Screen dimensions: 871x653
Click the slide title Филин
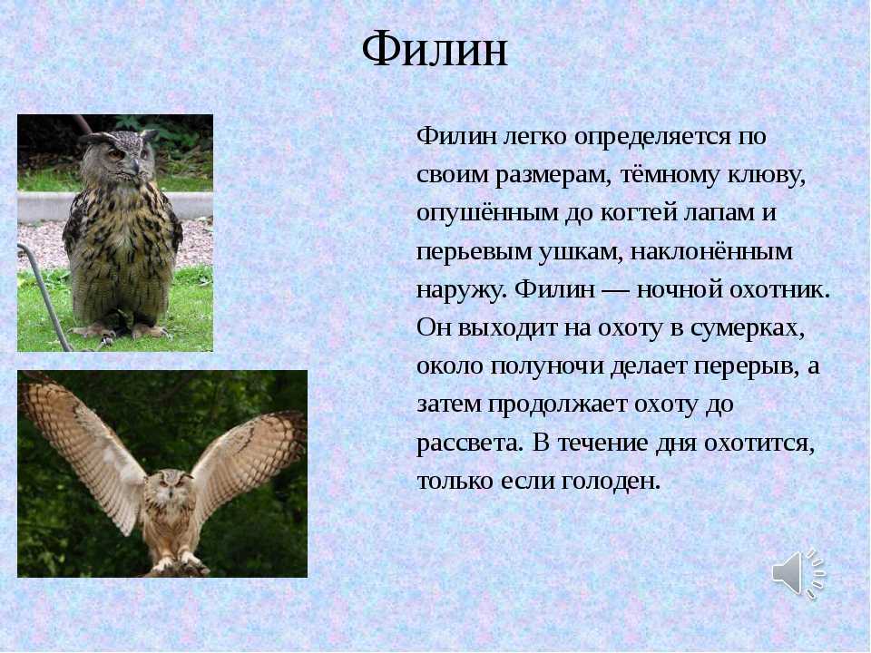pyautogui.click(x=435, y=50)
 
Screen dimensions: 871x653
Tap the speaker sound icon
pyautogui.click(x=798, y=574)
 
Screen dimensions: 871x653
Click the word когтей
pyautogui.click(x=639, y=213)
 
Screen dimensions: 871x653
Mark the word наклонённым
pyautogui.click(x=711, y=251)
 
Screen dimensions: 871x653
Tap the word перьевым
pyautogui.click(x=474, y=251)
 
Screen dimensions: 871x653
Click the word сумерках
pyautogui.click(x=748, y=328)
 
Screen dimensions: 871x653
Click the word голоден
pyautogui.click(x=611, y=481)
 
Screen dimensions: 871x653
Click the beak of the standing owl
pyautogui.click(x=134, y=165)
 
